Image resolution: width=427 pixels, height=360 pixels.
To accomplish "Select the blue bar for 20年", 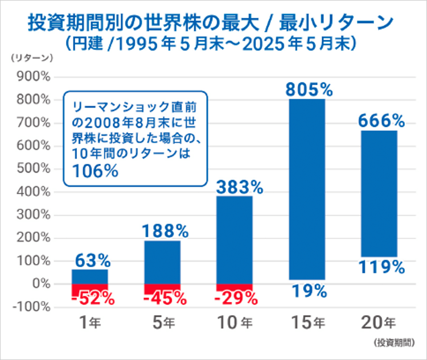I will (379, 193).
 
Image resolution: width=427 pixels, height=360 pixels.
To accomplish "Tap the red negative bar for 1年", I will (90, 289).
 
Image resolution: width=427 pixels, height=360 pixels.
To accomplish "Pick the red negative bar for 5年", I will (162, 289).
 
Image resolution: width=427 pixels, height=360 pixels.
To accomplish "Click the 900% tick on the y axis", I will (35, 77).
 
